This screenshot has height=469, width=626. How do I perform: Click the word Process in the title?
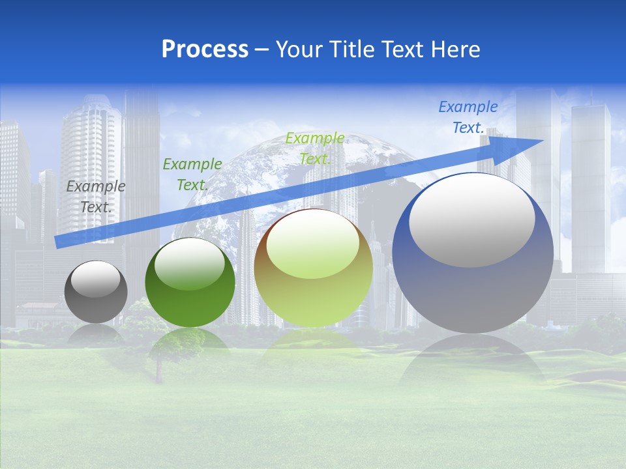205,50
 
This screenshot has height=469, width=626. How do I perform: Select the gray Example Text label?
96,196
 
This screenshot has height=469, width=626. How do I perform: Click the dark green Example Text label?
192,175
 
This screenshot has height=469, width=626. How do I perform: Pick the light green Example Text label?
314,148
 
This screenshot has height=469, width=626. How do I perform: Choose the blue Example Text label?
468,117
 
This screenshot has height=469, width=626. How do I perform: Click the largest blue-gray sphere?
473,293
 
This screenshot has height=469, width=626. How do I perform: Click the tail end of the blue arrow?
59,242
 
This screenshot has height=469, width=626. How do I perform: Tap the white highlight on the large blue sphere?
471,220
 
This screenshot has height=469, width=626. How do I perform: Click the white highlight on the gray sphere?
95,279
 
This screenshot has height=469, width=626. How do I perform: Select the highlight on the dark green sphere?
189,264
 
